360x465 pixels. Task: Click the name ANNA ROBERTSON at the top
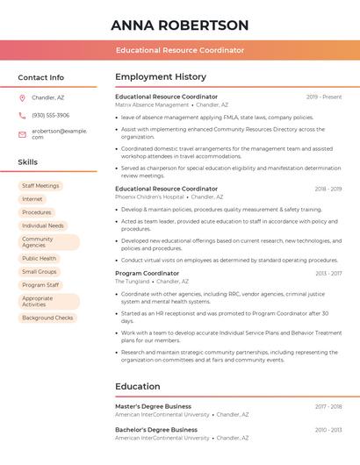click(180, 25)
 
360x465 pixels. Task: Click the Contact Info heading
click(40, 77)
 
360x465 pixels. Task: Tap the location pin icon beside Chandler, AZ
click(22, 97)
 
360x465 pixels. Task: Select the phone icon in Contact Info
click(22, 115)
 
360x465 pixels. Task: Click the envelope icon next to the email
click(22, 134)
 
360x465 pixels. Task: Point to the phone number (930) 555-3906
click(50, 115)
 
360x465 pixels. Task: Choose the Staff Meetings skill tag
click(40, 186)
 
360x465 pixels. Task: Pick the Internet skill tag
click(32, 199)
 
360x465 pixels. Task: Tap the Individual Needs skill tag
click(43, 225)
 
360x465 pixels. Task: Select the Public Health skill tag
click(39, 259)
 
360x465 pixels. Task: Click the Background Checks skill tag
click(47, 318)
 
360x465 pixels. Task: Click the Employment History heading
click(161, 77)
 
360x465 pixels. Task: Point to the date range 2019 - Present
click(324, 97)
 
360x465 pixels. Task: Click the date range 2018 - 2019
click(328, 189)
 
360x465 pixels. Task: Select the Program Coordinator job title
click(147, 273)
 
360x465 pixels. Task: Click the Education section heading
click(138, 386)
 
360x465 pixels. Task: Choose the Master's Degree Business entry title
click(153, 406)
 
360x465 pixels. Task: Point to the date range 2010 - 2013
click(328, 430)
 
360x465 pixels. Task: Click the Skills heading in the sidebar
click(28, 162)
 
